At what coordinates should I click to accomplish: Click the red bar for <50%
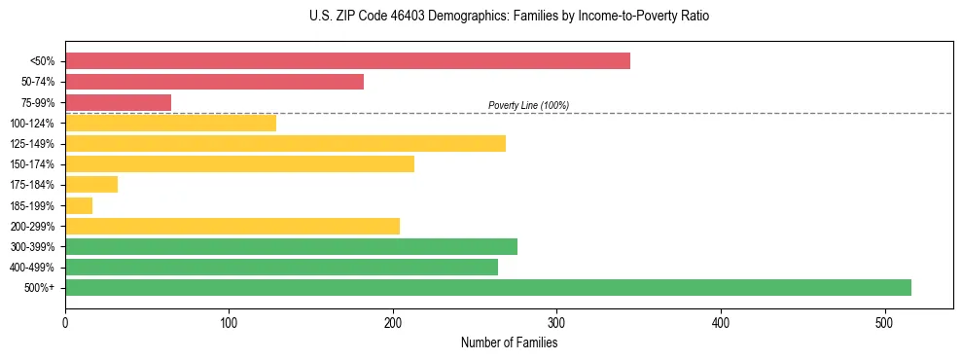tap(347, 61)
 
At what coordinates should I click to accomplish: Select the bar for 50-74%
tap(214, 82)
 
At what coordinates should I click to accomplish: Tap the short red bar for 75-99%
tap(118, 102)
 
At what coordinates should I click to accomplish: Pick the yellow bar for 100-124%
tap(170, 123)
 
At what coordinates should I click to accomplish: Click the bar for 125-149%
tap(285, 144)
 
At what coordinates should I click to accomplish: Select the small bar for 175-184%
tap(91, 185)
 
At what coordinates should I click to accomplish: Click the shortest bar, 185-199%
tap(79, 205)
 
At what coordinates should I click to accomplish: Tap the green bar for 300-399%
tap(291, 246)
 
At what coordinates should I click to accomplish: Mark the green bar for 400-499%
tap(281, 267)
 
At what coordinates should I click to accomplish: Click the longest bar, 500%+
tap(487, 287)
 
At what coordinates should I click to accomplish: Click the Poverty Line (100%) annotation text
tap(528, 105)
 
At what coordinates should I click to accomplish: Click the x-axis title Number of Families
tap(509, 342)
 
